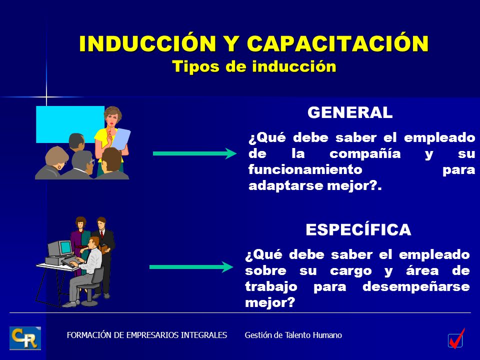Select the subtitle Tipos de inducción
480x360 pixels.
[254, 66]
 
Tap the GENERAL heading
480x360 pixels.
[350, 113]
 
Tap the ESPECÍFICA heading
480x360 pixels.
[358, 229]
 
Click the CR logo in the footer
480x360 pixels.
[25, 338]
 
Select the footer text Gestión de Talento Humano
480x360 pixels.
[293, 335]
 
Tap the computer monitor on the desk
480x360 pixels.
[61, 248]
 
